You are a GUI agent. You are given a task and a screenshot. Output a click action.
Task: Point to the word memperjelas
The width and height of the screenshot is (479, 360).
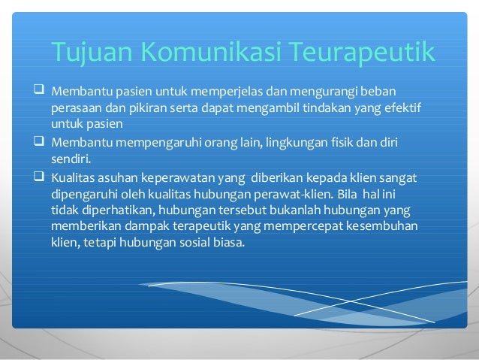[x=218, y=92]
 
